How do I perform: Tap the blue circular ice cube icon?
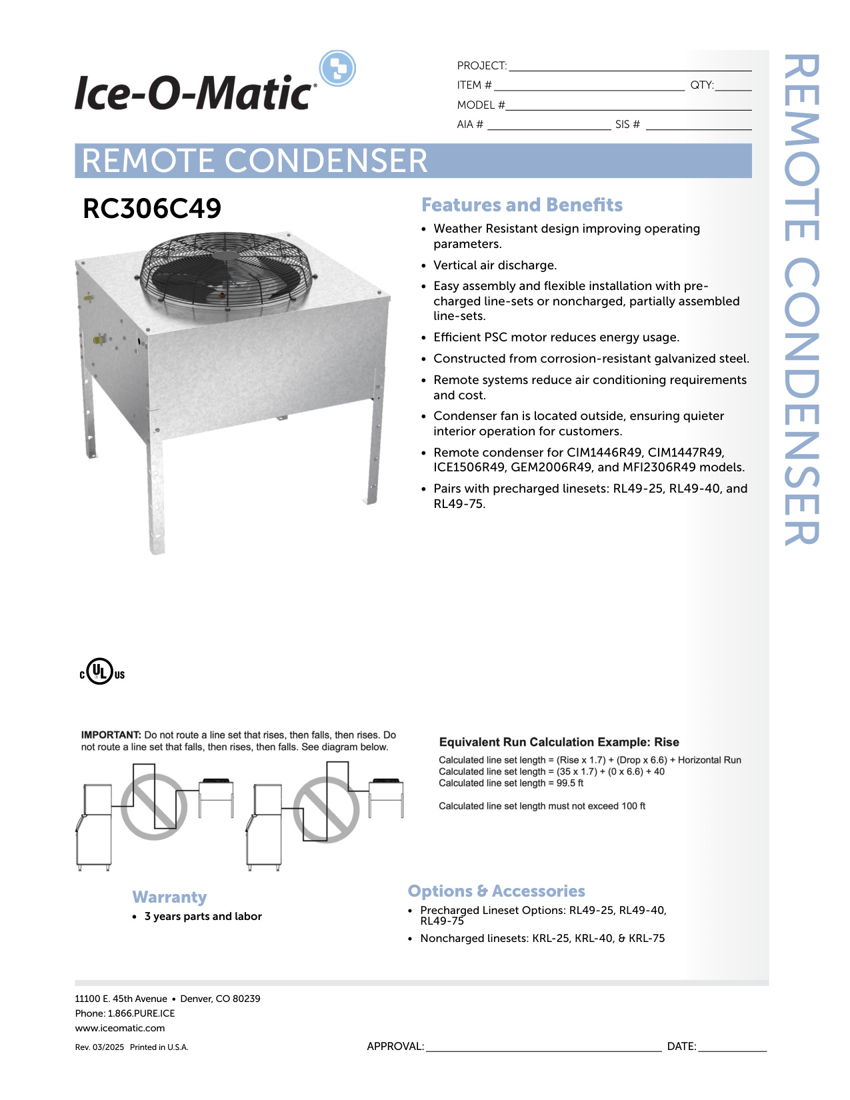[x=337, y=68]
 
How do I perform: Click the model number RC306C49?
[x=152, y=209]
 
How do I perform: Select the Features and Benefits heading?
[x=521, y=205]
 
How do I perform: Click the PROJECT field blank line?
[x=630, y=71]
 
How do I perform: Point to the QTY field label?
[x=702, y=85]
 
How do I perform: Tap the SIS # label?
[x=627, y=125]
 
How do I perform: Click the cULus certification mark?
[x=102, y=671]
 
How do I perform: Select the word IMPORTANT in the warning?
[x=111, y=735]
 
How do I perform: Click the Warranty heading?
[x=169, y=897]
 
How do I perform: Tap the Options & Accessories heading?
[x=496, y=891]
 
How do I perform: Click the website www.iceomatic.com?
[x=120, y=1028]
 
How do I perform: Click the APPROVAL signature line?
[x=544, y=1051]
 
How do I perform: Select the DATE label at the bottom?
[x=681, y=1047]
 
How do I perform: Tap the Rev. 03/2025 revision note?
[x=99, y=1047]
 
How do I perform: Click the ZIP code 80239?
[x=247, y=999]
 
